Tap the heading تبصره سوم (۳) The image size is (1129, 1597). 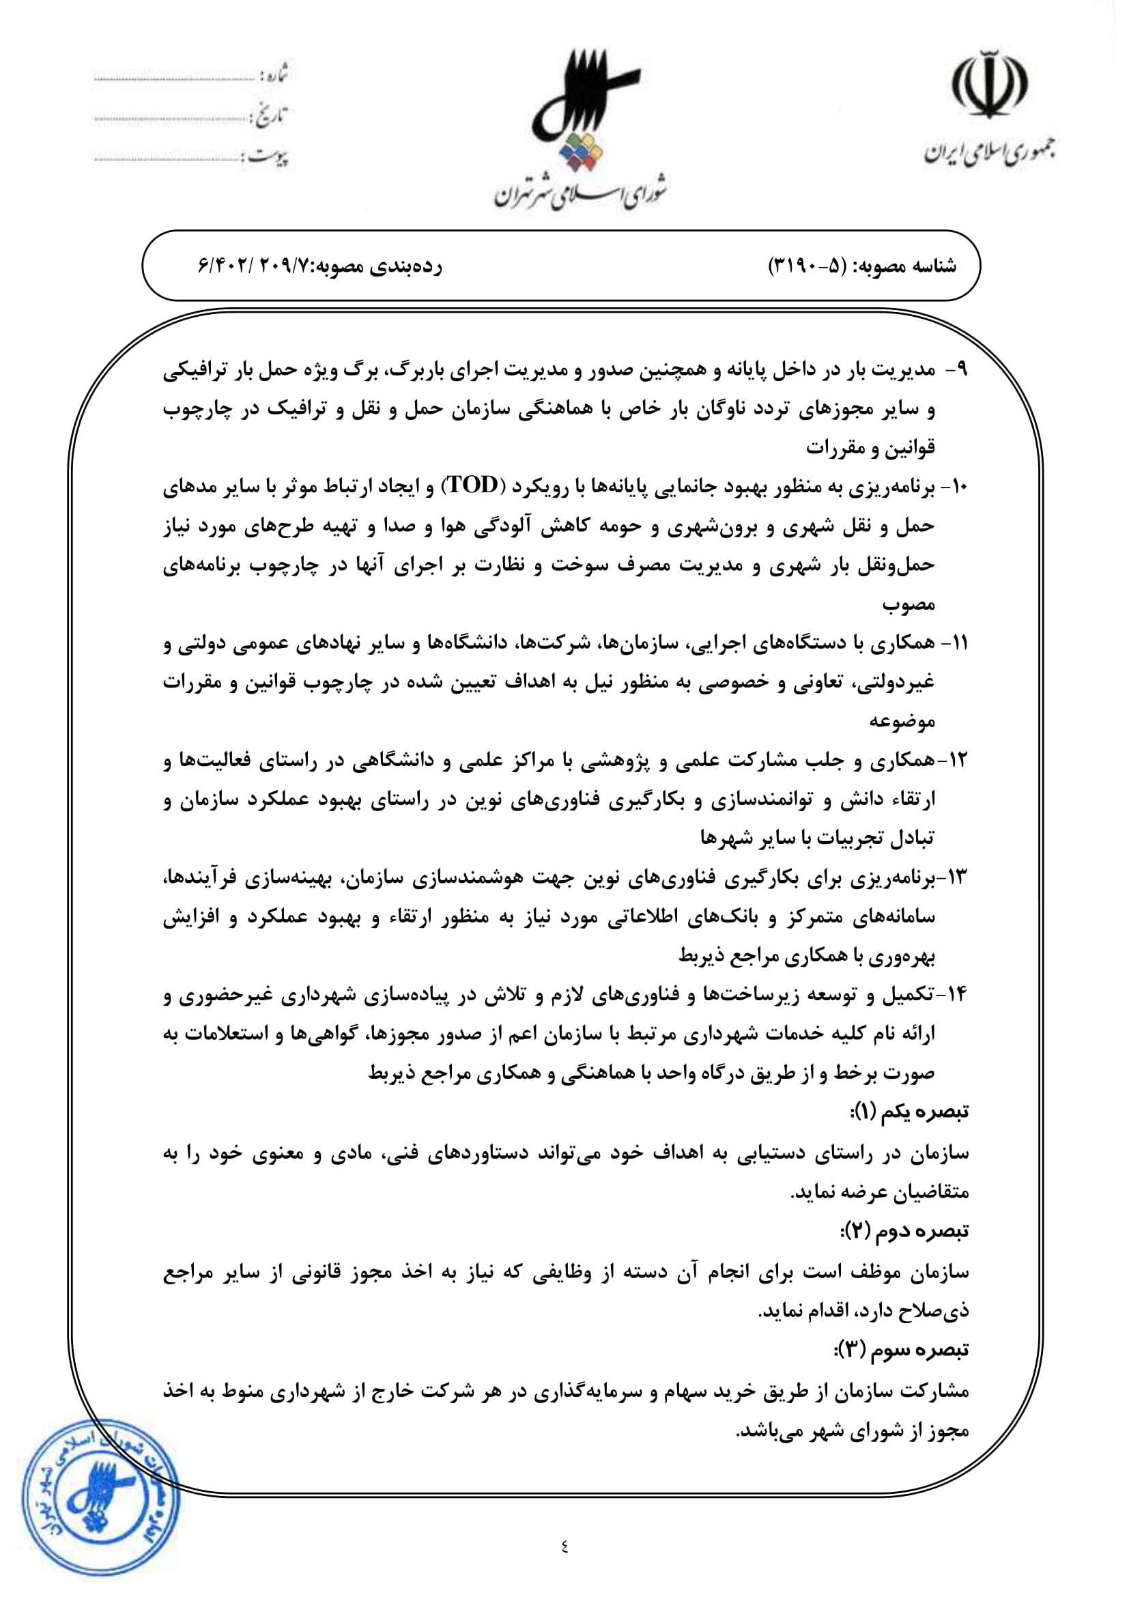[x=902, y=1350]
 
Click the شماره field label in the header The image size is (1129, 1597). [x=273, y=74]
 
